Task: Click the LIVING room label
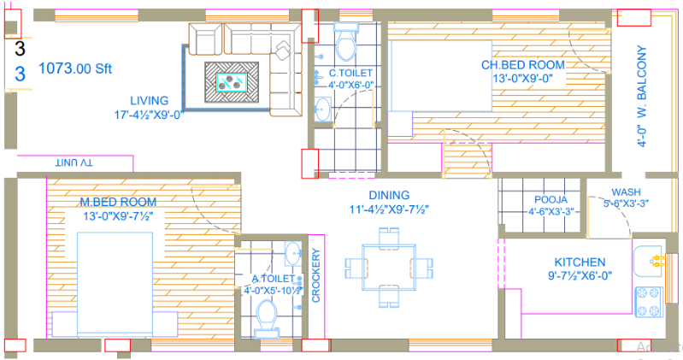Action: (x=149, y=100)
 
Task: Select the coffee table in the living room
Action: (x=233, y=82)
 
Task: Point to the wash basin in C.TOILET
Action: (x=321, y=109)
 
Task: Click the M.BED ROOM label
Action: (x=118, y=202)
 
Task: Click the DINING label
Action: (x=390, y=195)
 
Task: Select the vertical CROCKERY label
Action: (x=315, y=276)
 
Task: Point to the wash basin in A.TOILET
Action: (x=292, y=254)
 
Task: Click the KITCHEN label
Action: (x=580, y=262)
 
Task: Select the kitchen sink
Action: (x=654, y=258)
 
